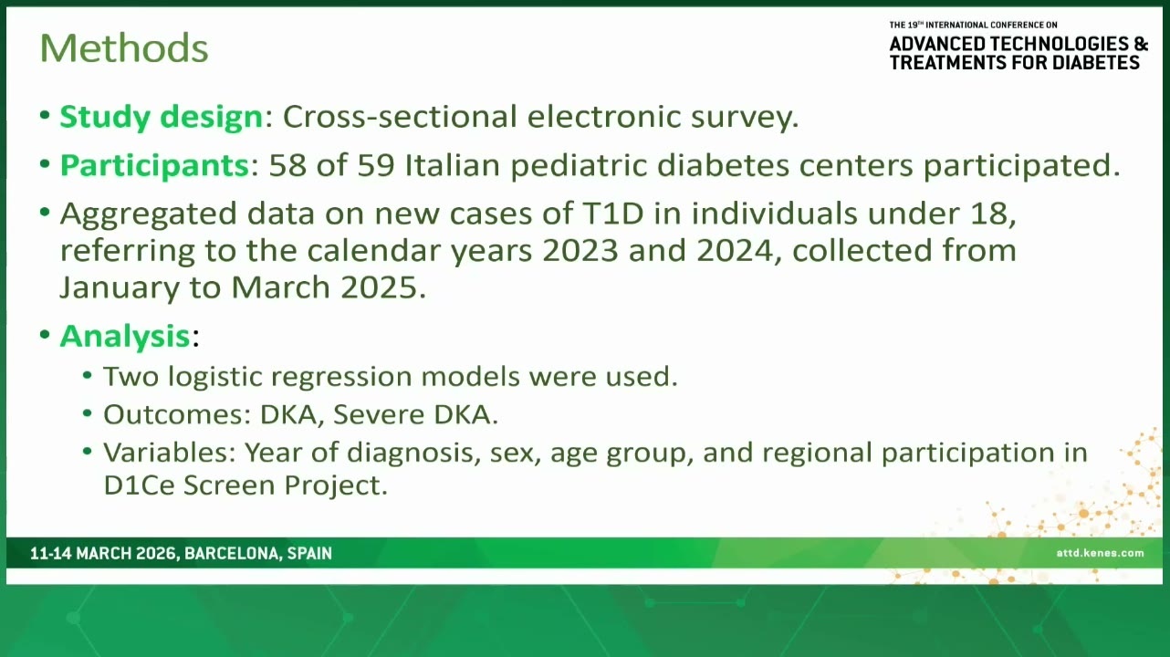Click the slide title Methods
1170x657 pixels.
pyautogui.click(x=124, y=48)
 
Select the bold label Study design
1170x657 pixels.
pyautogui.click(x=161, y=117)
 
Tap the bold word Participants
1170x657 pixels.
pyautogui.click(x=154, y=165)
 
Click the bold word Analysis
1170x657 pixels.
pyautogui.click(x=125, y=335)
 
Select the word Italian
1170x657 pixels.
pyautogui.click(x=453, y=165)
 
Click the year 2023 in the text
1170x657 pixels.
pyautogui.click(x=580, y=251)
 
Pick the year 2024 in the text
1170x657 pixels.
pyautogui.click(x=735, y=251)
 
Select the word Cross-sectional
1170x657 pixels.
pyautogui.click(x=400, y=116)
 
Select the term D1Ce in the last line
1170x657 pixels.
pyautogui.click(x=139, y=485)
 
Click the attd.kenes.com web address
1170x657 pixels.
pyautogui.click(x=1100, y=553)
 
